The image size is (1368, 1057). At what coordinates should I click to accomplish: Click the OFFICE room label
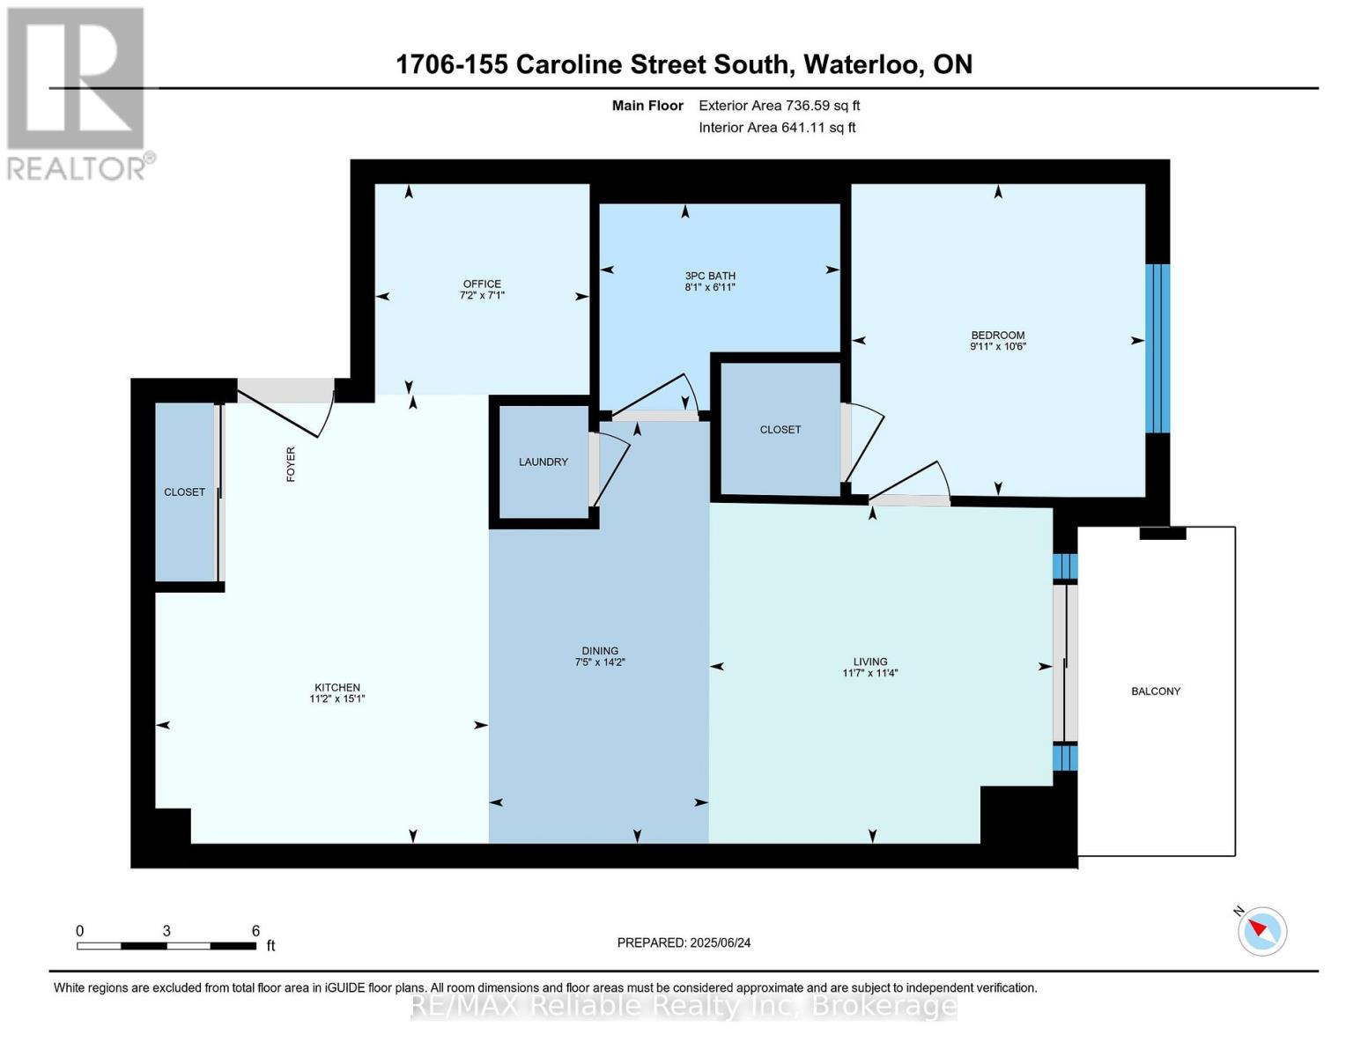[482, 284]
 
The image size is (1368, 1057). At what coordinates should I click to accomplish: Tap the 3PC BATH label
[710, 276]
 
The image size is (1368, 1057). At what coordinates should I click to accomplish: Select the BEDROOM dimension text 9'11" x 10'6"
[998, 347]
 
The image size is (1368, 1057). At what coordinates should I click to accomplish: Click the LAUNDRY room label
[544, 462]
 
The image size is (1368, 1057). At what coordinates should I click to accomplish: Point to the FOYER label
[291, 464]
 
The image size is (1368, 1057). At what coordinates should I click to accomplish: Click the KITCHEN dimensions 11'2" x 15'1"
[337, 699]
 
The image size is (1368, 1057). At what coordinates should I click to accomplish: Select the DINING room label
[600, 651]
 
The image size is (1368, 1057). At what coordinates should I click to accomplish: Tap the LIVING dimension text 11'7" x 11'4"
[870, 674]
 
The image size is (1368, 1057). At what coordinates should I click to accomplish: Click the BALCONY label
[1156, 691]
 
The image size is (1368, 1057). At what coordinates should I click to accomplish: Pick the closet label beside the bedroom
[780, 430]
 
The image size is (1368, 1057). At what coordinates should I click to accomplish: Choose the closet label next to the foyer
[184, 492]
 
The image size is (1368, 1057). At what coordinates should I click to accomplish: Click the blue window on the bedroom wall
[1157, 349]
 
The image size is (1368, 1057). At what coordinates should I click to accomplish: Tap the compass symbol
[1262, 931]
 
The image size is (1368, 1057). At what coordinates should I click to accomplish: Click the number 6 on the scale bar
[255, 931]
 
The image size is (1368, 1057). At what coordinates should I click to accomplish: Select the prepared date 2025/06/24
[720, 942]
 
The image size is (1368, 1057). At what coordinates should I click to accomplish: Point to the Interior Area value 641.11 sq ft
[818, 128]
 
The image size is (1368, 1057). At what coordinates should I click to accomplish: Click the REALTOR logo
[78, 92]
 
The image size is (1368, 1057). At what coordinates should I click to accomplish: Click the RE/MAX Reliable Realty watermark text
[684, 1006]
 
